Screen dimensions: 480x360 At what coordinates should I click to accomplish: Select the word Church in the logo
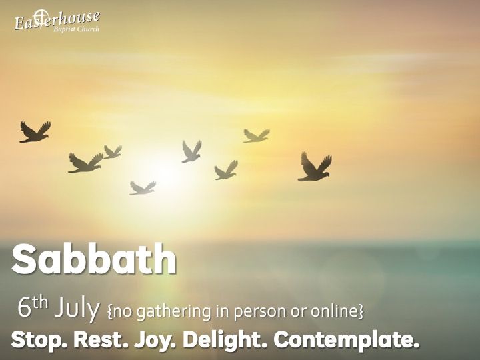pos(88,29)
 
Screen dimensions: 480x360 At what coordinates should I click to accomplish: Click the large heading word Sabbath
pos(94,259)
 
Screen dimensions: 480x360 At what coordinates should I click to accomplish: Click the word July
pos(77,308)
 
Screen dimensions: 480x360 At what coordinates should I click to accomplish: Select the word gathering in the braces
pos(174,311)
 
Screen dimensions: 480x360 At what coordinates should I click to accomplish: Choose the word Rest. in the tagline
pos(101,339)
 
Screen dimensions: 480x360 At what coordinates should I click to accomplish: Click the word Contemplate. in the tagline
pos(346,340)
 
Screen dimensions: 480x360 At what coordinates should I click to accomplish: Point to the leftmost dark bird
pos(35,132)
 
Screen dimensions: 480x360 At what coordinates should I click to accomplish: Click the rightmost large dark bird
pos(315,167)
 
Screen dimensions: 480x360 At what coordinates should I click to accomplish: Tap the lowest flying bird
pos(143,188)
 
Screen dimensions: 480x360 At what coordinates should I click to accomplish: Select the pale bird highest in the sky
pos(256,136)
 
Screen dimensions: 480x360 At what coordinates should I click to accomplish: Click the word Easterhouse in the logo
pos(57,21)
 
